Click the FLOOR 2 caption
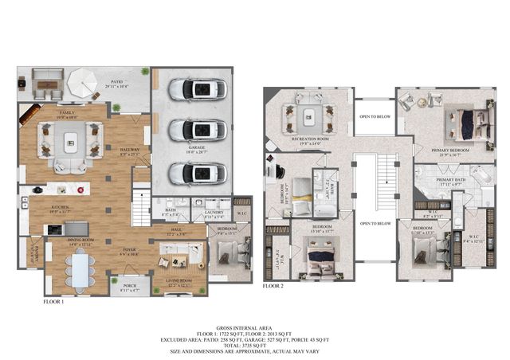pos(273,284)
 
